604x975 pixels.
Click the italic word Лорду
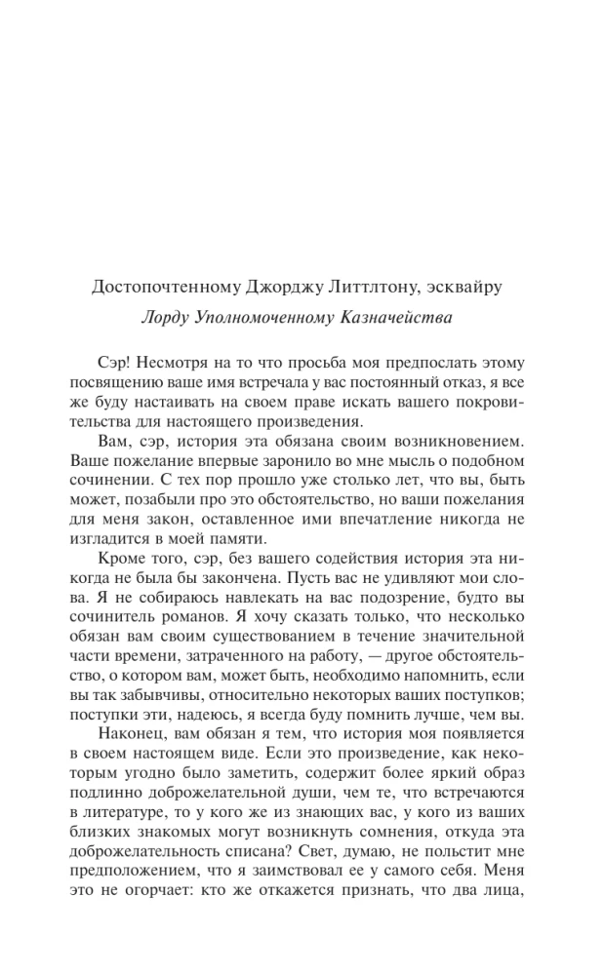coord(167,317)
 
